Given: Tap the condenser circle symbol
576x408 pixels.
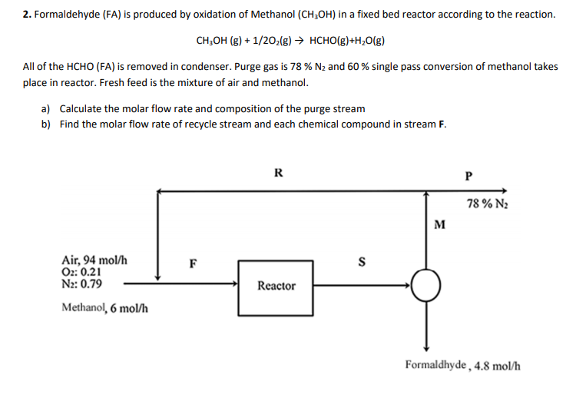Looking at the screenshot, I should tap(425, 286).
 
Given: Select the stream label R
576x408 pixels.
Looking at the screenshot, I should tap(278, 173).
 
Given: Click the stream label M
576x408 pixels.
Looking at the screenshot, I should tap(439, 225).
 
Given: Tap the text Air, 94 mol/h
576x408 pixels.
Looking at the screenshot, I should tap(94, 260).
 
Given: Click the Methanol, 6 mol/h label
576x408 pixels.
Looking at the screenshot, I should tap(104, 309).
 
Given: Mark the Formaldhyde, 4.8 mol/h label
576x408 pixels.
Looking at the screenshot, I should tap(463, 365).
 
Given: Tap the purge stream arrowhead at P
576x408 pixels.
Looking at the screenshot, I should tap(505, 191).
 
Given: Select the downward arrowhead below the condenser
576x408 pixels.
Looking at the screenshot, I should tap(425, 347).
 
